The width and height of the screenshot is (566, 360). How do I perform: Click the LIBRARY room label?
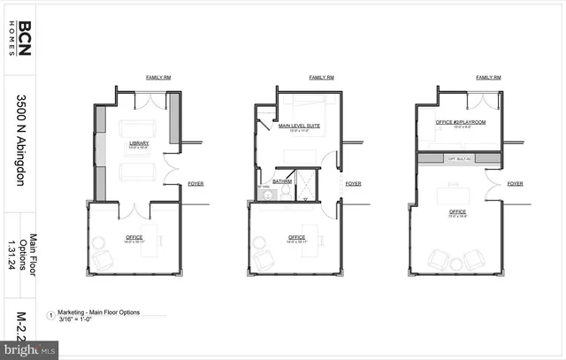point(138,142)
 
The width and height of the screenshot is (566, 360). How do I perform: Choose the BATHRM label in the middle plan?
point(282,181)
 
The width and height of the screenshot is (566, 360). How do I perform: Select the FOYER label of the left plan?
point(195,184)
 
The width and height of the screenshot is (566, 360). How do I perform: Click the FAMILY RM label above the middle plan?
point(320,78)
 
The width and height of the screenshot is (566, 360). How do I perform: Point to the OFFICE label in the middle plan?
point(297,236)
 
